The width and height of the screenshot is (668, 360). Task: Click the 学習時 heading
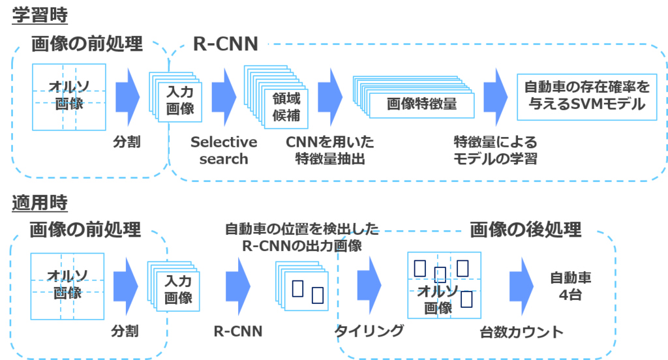click(x=40, y=15)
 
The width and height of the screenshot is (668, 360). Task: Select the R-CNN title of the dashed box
click(x=226, y=44)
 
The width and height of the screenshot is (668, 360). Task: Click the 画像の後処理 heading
click(x=525, y=229)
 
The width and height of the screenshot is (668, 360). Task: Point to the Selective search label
click(x=224, y=150)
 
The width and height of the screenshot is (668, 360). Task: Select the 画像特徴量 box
click(x=421, y=103)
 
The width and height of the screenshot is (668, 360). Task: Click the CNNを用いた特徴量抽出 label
click(x=330, y=150)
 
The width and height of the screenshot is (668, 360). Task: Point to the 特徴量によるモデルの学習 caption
click(x=495, y=150)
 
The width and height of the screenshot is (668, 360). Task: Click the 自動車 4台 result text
click(x=571, y=286)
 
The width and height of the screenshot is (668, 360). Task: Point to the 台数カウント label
click(x=521, y=332)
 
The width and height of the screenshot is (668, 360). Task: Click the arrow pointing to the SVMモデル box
click(x=496, y=95)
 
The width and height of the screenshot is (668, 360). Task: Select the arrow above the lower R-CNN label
click(x=238, y=285)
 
